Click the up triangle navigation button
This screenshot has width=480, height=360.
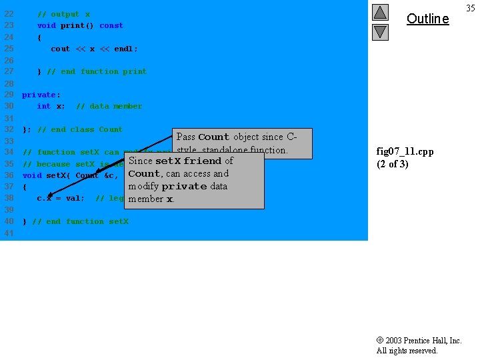(380, 13)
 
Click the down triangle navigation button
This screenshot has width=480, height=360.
(380, 31)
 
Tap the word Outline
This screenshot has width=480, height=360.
(427, 19)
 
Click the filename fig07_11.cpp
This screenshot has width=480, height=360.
(405, 151)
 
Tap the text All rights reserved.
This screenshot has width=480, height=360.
(407, 351)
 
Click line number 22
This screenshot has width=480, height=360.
(9, 14)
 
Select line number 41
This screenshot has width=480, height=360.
(9, 233)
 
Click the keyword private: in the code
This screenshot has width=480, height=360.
(41, 95)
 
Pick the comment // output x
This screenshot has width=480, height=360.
(63, 14)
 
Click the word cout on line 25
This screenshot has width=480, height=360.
(60, 49)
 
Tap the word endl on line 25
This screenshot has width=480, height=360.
(125, 49)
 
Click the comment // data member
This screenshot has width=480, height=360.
(109, 106)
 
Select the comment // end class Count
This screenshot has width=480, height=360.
(80, 129)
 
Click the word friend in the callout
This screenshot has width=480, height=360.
(203, 161)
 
